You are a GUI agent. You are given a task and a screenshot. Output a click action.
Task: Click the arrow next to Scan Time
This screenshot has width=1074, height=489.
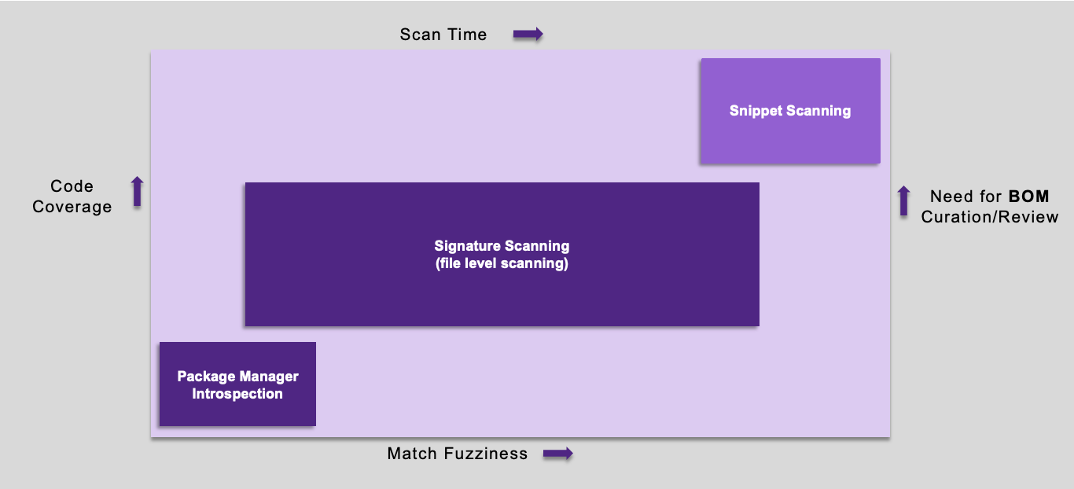pyautogui.click(x=528, y=35)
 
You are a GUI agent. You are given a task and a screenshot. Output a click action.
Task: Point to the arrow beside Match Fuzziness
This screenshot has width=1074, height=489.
pyautogui.click(x=558, y=454)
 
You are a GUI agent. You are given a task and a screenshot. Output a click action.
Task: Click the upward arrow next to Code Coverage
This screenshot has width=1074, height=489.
pyautogui.click(x=138, y=192)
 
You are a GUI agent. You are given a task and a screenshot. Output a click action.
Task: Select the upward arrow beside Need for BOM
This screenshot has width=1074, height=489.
pyautogui.click(x=903, y=201)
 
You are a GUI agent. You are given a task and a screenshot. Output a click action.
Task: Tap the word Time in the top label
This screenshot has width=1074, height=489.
pyautogui.click(x=468, y=35)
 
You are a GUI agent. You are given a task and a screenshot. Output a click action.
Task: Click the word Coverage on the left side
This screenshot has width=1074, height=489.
pyautogui.click(x=72, y=207)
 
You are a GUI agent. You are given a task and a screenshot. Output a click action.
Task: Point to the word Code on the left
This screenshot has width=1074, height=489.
pyautogui.click(x=72, y=186)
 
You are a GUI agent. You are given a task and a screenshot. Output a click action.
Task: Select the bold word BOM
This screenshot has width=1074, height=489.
pyautogui.click(x=1028, y=197)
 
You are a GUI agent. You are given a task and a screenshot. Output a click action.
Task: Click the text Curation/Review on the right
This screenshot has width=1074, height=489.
pyautogui.click(x=990, y=217)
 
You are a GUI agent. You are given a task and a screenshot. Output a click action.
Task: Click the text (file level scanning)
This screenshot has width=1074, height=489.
pyautogui.click(x=502, y=263)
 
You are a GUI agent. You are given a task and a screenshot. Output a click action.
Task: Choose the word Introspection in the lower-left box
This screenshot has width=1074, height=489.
pyautogui.click(x=237, y=394)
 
